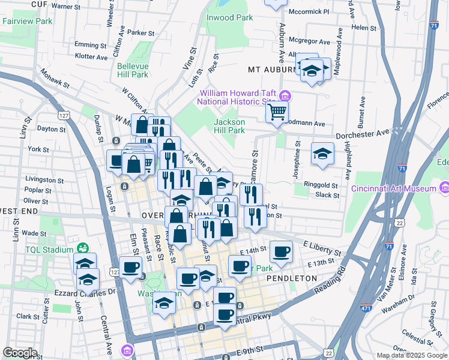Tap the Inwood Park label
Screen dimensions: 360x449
coord(229,17)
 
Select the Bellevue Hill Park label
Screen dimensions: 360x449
coord(133,70)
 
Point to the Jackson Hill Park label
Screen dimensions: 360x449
coord(230,126)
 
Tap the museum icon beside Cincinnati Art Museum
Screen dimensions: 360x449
coord(444,188)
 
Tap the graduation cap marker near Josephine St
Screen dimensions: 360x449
coord(322,154)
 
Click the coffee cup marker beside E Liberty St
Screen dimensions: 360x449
coord(280,251)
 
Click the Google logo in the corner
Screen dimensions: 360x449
coord(19,353)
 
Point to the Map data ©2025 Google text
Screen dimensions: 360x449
coord(411,355)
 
